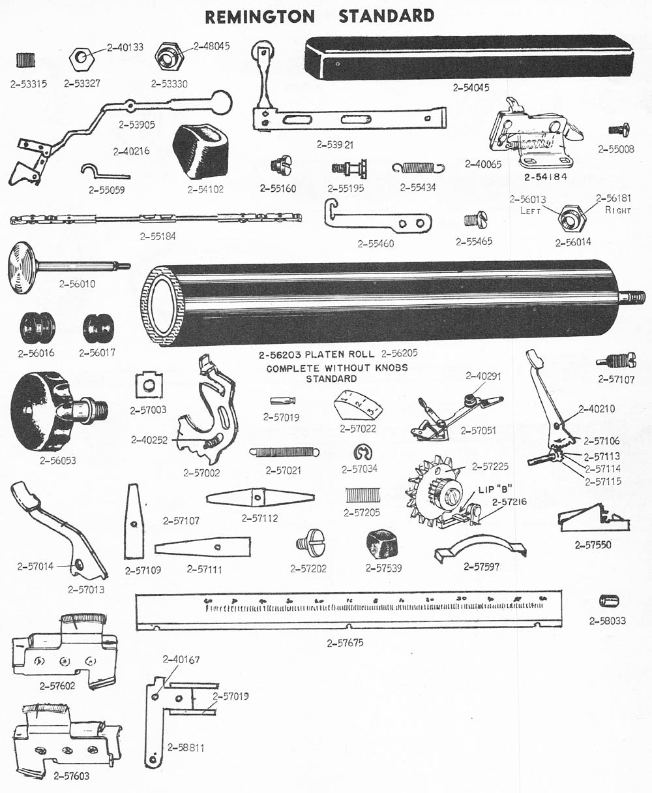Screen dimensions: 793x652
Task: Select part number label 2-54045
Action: [x=471, y=87]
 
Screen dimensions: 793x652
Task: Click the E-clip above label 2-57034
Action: [x=362, y=452]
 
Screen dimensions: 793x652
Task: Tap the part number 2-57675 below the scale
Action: [x=346, y=643]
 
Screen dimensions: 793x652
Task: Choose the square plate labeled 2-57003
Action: [x=149, y=385]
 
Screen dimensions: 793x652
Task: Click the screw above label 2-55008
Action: [x=617, y=131]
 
